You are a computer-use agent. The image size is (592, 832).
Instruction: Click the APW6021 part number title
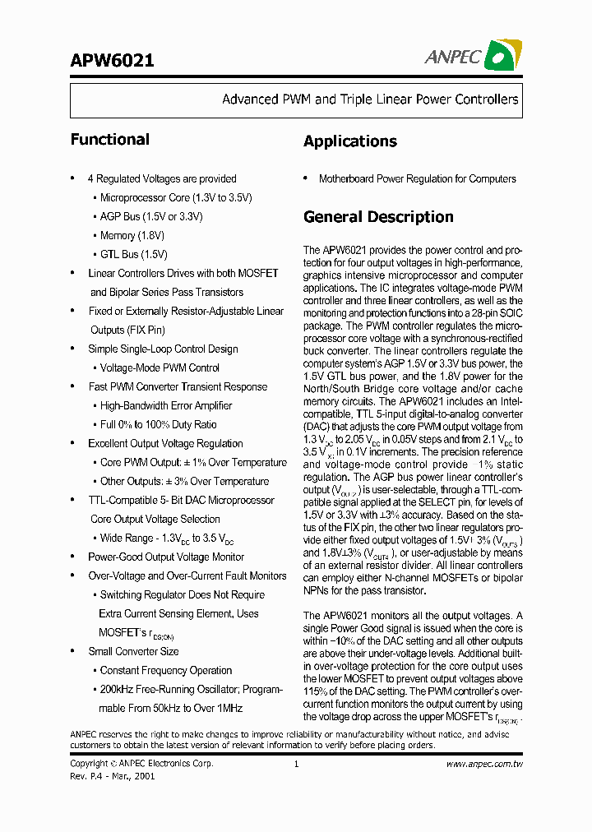112,60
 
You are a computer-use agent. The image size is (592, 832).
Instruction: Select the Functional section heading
109,140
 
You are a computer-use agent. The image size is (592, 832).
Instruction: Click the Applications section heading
349,141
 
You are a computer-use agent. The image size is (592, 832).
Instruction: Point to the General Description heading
378,217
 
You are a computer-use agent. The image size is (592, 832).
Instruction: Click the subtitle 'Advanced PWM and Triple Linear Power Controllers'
370,99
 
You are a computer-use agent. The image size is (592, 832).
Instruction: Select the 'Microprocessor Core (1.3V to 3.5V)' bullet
176,198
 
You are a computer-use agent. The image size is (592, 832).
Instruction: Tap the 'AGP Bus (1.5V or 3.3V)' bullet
151,217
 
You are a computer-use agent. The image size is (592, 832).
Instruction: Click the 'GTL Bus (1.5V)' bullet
134,255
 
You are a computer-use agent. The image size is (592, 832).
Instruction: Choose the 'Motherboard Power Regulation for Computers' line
417,179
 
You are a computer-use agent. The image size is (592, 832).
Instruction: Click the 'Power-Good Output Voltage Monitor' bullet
166,557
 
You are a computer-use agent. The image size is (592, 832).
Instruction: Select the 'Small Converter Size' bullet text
133,652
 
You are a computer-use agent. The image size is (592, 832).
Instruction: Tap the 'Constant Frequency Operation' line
166,671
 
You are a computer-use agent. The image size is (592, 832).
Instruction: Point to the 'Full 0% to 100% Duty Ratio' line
159,425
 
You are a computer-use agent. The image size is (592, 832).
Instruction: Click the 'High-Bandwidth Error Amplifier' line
166,406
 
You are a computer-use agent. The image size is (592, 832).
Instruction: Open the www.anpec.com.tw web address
484,764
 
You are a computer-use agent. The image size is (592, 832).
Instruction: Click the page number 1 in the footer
295,764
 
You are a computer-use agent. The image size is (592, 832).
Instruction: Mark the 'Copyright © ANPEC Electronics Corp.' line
141,764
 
